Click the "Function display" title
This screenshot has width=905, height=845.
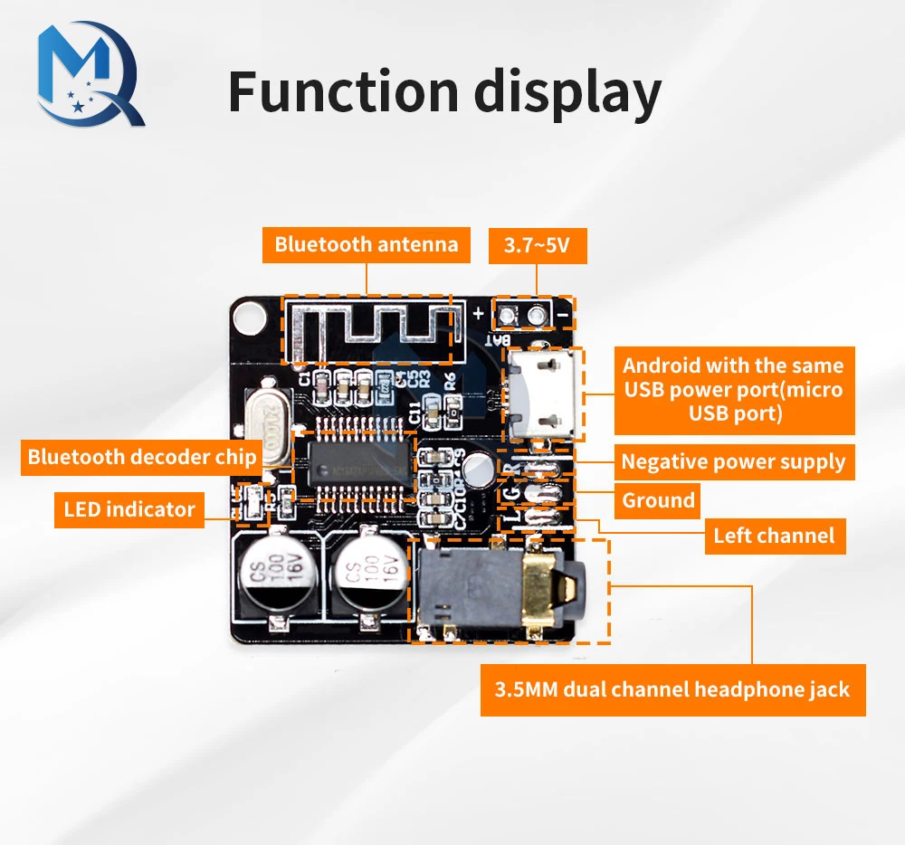(444, 93)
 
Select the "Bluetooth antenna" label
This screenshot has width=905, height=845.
(367, 244)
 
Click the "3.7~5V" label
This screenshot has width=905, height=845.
(537, 244)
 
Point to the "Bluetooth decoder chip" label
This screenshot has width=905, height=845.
(142, 457)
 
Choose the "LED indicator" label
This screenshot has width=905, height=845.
(129, 509)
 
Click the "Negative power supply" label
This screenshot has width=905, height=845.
(733, 462)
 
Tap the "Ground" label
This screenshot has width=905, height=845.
(658, 500)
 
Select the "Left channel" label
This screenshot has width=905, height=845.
(774, 536)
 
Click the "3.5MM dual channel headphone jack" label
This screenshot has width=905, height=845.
(672, 690)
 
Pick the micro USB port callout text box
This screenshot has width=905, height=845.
(733, 390)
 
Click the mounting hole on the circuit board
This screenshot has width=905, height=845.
(245, 315)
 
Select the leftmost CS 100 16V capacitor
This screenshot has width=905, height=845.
(273, 575)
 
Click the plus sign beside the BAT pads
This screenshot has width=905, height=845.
(478, 316)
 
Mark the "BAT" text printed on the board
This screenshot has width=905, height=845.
(499, 341)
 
